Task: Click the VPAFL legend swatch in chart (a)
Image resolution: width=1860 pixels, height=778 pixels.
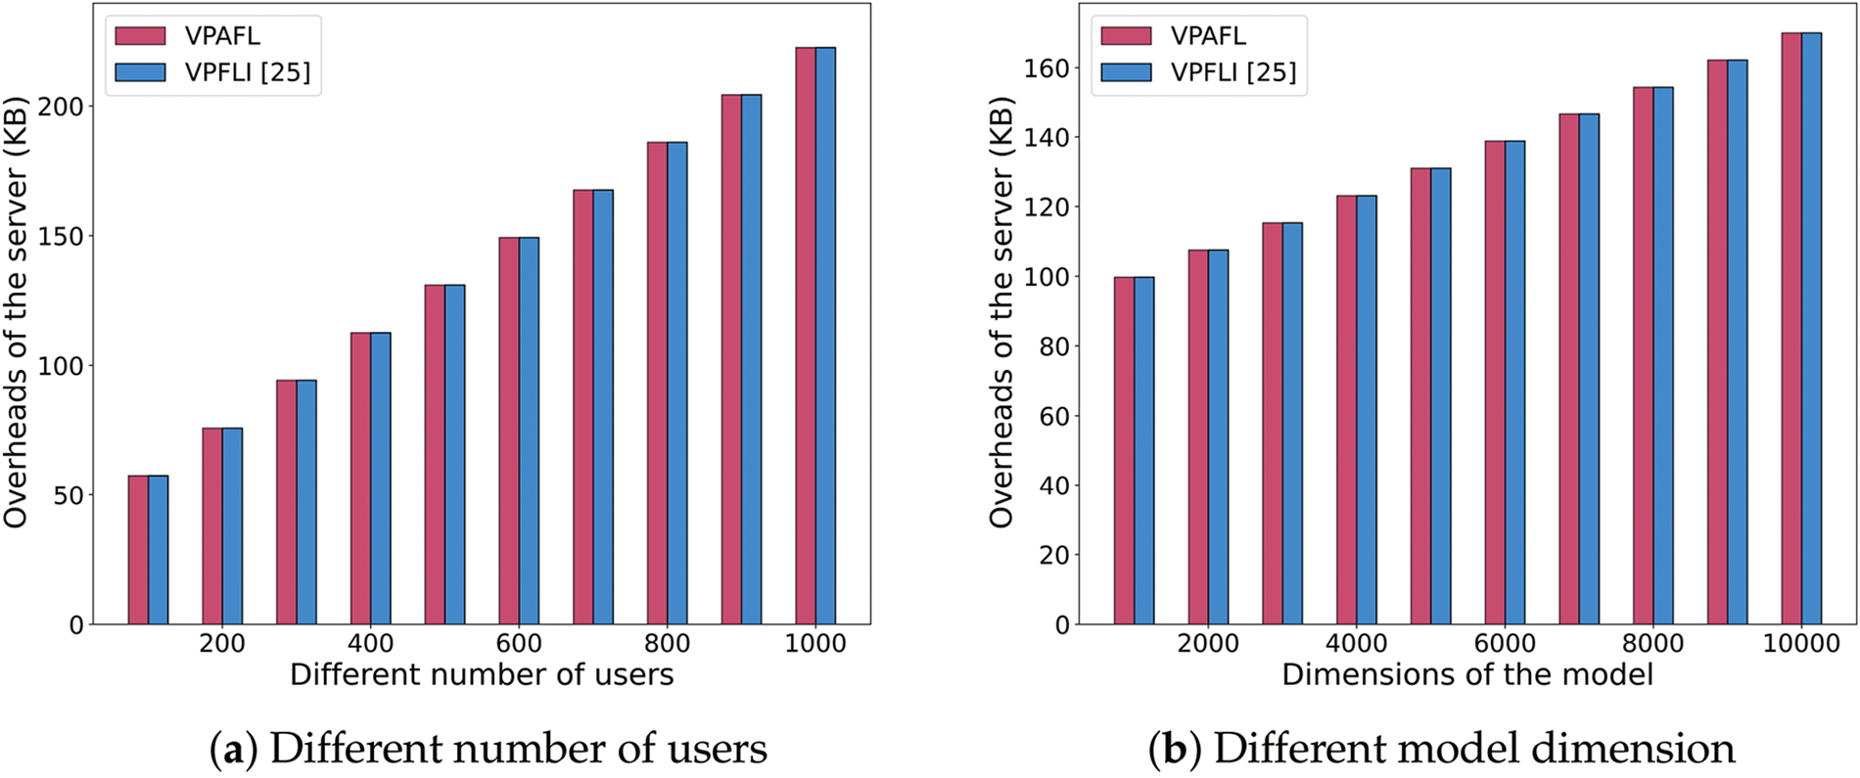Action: pos(140,36)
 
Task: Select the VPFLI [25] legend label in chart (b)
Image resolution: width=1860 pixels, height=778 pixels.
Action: pos(1232,72)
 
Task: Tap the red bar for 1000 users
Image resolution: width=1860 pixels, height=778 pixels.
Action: pos(805,336)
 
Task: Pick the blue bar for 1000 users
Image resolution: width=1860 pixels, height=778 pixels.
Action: pos(825,336)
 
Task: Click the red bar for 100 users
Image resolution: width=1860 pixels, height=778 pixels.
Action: pos(138,550)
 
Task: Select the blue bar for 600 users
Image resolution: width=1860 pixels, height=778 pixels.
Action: pos(529,431)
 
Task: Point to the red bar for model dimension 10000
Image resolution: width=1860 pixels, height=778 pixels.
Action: pos(1790,329)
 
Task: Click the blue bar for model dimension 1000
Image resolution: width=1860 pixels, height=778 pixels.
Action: pos(1144,450)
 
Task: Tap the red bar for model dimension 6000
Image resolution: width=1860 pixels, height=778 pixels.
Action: pos(1494,383)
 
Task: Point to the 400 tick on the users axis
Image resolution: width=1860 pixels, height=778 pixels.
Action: pos(371,644)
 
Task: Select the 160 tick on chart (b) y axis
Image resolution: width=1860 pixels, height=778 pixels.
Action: pos(1044,69)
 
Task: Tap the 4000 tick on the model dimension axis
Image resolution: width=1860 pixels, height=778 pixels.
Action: pos(1357,644)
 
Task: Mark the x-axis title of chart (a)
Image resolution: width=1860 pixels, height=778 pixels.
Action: pos(482,675)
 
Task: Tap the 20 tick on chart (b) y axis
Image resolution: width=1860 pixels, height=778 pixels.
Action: pos(1052,555)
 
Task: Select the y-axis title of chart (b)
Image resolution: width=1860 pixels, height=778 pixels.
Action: pos(1000,313)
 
